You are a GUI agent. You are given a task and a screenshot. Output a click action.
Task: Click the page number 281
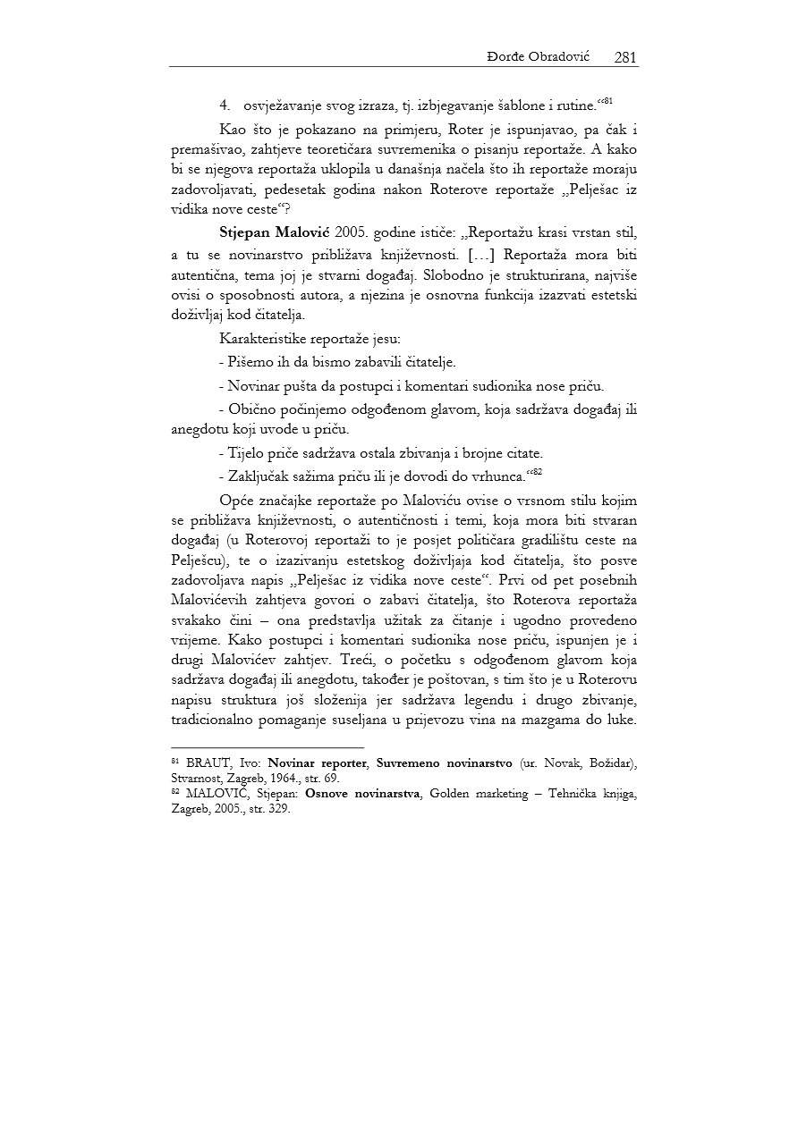point(625,57)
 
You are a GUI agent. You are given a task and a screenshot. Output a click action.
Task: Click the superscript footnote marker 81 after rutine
point(606,101)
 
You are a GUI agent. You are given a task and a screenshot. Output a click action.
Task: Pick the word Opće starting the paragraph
point(235,499)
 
